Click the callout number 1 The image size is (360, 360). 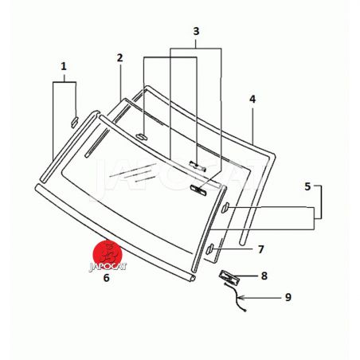pyautogui.click(x=64, y=67)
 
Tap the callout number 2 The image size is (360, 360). pyautogui.click(x=120, y=58)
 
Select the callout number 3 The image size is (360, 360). pyautogui.click(x=196, y=31)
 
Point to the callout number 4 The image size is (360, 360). pyautogui.click(x=252, y=99)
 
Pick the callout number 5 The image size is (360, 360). pyautogui.click(x=307, y=186)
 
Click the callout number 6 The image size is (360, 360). pyautogui.click(x=106, y=278)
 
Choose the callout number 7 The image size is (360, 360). pyautogui.click(x=261, y=249)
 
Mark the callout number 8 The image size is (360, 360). pyautogui.click(x=264, y=276)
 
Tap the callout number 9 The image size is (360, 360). pyautogui.click(x=288, y=297)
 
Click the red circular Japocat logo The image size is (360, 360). pyautogui.click(x=108, y=253)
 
